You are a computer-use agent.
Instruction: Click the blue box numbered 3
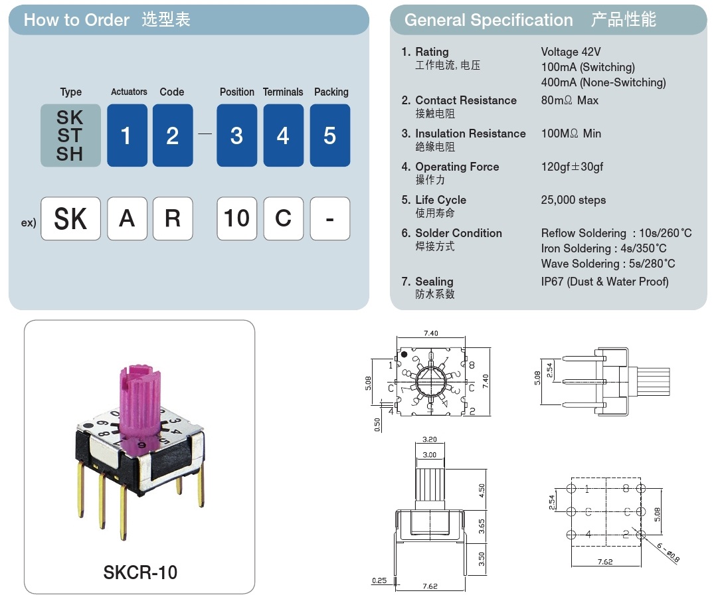(x=236, y=135)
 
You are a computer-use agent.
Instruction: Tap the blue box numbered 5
(x=329, y=135)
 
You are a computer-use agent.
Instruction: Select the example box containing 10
(x=236, y=218)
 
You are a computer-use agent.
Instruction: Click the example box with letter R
(x=173, y=218)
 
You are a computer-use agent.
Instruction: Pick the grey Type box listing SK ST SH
(x=70, y=135)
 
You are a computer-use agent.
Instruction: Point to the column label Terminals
(x=283, y=92)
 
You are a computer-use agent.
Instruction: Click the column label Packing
(x=331, y=92)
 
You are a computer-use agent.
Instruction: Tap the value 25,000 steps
(x=573, y=200)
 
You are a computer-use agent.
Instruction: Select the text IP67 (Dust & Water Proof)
(x=604, y=282)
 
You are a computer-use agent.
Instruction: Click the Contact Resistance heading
(x=466, y=100)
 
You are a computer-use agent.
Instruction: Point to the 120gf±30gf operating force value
(x=572, y=167)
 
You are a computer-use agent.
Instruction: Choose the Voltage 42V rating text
(x=571, y=52)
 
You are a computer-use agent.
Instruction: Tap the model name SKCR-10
(x=140, y=572)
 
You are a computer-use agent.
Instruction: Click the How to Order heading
(x=76, y=20)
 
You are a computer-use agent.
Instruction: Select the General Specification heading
(x=488, y=20)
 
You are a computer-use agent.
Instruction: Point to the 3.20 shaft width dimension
(x=429, y=440)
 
